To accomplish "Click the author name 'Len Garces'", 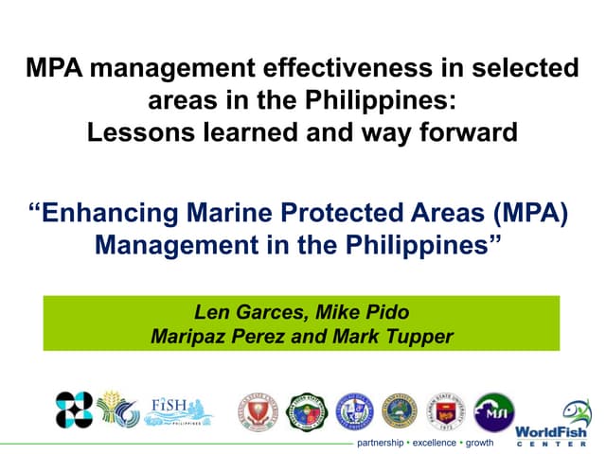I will (x=241, y=312).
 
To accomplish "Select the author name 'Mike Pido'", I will (x=366, y=312).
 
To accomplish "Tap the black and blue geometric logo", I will (x=73, y=409).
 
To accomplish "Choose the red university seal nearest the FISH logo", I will (x=257, y=411).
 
